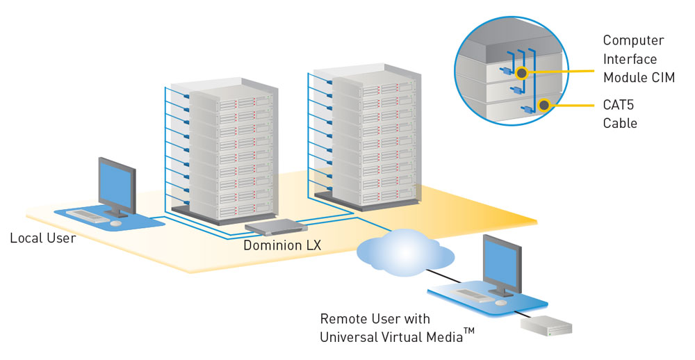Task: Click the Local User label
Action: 42,238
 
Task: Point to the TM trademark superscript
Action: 469,332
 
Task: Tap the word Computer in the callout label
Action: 633,41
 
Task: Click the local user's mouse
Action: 115,223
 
